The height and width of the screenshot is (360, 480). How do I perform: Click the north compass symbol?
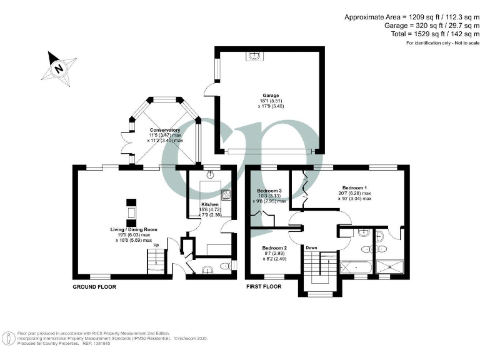(59, 67)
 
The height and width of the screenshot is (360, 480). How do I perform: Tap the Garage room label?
(270, 96)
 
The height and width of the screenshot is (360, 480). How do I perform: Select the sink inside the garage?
(254, 57)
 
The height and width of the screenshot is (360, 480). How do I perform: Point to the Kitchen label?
(209, 205)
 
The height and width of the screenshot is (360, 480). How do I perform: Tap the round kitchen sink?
(211, 175)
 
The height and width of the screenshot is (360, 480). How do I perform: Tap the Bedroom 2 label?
(275, 247)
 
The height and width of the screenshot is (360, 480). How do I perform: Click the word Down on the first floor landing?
(311, 247)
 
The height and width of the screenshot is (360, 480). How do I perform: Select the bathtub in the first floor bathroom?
(354, 267)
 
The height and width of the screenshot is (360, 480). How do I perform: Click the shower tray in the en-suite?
(392, 267)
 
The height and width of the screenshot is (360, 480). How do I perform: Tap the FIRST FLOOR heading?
(264, 287)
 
